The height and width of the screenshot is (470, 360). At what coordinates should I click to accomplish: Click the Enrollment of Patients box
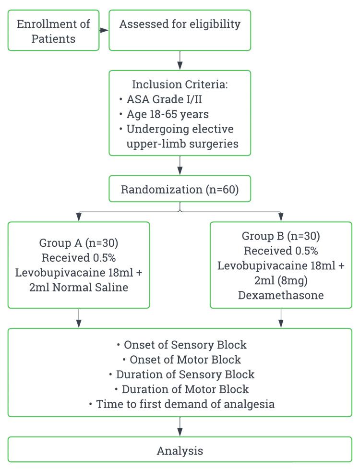pos(53,31)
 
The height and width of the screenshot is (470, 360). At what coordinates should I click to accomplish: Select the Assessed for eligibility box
pos(180,30)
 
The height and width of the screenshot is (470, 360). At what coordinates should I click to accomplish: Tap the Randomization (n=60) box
pos(180,190)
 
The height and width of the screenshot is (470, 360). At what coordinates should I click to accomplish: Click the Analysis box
pos(180,451)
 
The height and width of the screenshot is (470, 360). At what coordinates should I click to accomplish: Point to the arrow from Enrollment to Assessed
pos(104,30)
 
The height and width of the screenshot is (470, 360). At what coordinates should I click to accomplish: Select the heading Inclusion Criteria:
pos(180,84)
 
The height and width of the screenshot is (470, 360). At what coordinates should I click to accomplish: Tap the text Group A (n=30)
pos(79,242)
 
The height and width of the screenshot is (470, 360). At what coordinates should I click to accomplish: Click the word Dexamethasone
pos(281,295)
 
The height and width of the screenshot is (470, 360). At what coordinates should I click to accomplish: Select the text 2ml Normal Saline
pos(79,288)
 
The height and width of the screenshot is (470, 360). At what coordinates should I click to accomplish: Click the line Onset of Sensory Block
pos(181,345)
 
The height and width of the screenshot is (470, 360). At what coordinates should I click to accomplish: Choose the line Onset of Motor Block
pos(181,359)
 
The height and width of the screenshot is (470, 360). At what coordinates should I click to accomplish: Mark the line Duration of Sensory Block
pos(181,374)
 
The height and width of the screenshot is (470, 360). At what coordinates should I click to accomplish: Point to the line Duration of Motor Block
pos(181,389)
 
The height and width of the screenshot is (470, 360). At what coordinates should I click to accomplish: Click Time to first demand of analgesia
pos(181,404)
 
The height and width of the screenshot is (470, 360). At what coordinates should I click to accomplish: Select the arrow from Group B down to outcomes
pos(281,318)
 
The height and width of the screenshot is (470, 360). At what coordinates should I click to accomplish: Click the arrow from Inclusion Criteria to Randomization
pos(180,166)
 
